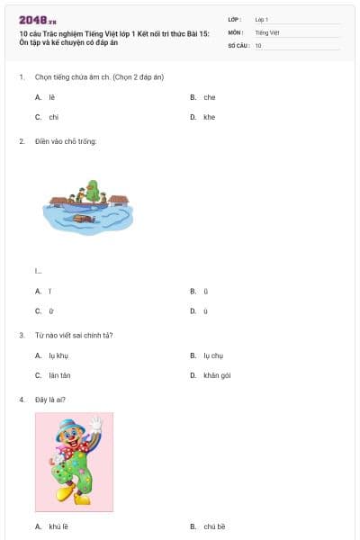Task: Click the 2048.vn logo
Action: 37,19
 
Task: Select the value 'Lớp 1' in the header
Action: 262,19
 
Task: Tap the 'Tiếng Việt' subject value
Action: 265,31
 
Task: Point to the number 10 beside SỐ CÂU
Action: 258,44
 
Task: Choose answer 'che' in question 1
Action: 209,97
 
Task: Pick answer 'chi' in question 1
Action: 53,117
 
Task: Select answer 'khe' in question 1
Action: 209,117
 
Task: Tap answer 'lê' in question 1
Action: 52,97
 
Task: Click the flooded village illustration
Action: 88,205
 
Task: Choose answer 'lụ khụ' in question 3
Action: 58,355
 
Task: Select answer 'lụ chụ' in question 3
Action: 212,355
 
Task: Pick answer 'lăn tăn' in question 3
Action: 59,375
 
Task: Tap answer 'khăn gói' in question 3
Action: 217,375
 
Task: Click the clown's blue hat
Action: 67,422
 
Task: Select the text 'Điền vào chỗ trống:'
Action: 66,141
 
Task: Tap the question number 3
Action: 22,336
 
